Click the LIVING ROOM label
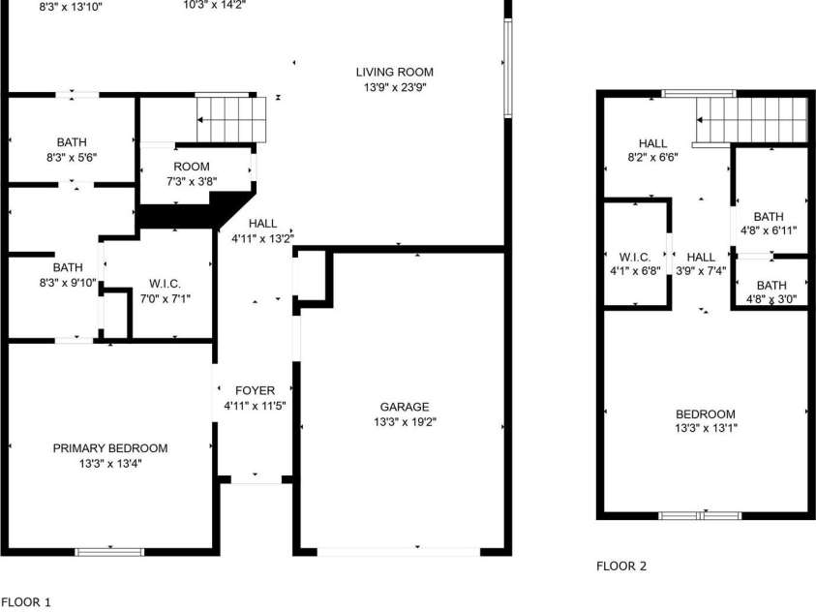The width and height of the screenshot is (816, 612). [395, 73]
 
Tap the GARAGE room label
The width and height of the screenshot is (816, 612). [405, 407]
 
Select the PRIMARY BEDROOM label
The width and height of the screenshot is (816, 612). [110, 448]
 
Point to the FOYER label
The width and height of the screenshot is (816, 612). [255, 391]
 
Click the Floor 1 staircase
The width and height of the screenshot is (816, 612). [231, 120]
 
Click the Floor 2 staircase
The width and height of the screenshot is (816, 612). [751, 120]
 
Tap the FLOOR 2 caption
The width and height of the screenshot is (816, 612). [621, 566]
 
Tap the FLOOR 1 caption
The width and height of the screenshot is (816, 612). [26, 602]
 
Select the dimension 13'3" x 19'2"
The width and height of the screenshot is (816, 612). [405, 421]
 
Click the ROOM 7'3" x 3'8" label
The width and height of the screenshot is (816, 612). [192, 173]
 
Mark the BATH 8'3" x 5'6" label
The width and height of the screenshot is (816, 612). [72, 149]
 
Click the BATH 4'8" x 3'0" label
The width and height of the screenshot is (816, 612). [771, 291]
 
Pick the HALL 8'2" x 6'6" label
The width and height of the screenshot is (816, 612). [652, 150]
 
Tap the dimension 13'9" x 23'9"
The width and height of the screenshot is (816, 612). [395, 87]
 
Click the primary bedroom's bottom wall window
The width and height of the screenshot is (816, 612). [109, 552]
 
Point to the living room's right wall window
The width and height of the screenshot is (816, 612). [508, 68]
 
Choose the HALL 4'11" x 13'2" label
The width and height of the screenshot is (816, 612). [263, 231]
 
